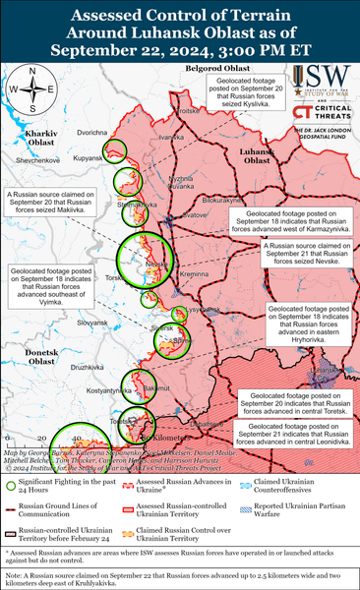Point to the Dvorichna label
(x=91, y=132)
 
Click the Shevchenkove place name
(x=38, y=159)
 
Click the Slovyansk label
(x=91, y=322)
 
